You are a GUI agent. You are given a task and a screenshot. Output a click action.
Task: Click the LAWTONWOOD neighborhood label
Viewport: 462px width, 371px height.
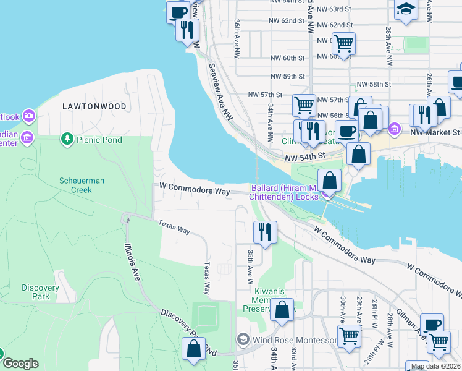click(x=94, y=106)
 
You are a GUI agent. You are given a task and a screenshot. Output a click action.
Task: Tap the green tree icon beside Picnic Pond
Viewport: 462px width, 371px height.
click(x=67, y=139)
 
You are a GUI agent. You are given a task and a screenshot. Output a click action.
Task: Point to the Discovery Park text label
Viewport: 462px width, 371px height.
click(x=40, y=292)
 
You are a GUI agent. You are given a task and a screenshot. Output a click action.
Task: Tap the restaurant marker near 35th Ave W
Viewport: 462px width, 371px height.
click(x=265, y=232)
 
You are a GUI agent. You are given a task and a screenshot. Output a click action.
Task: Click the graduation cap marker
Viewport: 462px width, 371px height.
click(x=406, y=10)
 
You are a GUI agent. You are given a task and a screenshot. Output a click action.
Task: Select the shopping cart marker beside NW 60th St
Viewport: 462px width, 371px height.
click(x=344, y=44)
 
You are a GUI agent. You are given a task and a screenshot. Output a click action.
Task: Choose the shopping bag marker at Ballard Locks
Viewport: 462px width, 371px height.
click(x=330, y=181)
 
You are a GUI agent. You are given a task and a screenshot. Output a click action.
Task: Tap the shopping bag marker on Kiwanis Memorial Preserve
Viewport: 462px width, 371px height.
click(x=282, y=310)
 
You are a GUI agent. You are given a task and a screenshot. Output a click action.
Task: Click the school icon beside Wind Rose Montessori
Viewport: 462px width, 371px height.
click(x=243, y=339)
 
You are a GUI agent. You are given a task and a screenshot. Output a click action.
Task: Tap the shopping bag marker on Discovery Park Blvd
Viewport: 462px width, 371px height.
click(x=194, y=348)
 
